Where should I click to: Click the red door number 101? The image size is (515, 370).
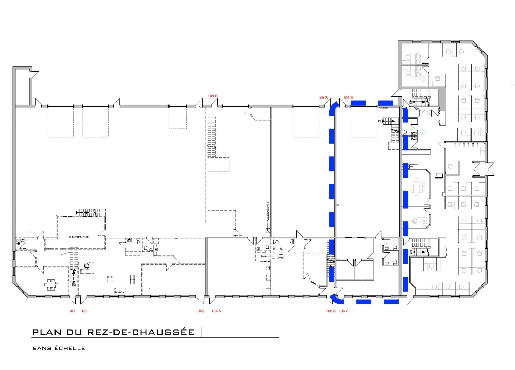click(x=72, y=311)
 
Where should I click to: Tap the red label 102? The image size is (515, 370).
click(x=84, y=311)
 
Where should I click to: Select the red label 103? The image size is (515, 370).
click(x=201, y=311)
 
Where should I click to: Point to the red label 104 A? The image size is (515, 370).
click(x=216, y=311)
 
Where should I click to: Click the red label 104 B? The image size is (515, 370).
click(x=212, y=96)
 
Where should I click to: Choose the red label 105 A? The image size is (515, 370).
click(x=331, y=311)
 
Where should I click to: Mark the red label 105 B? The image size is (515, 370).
click(x=323, y=98)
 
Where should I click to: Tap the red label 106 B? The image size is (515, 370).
click(x=348, y=97)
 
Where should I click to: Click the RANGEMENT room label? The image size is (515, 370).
click(x=79, y=237)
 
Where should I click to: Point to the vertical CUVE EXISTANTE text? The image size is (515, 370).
click(x=268, y=211)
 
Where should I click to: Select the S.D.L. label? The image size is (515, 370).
click(x=263, y=256)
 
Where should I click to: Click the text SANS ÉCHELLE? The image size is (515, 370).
click(x=59, y=348)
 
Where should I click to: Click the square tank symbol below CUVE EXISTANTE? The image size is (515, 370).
click(x=267, y=230)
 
